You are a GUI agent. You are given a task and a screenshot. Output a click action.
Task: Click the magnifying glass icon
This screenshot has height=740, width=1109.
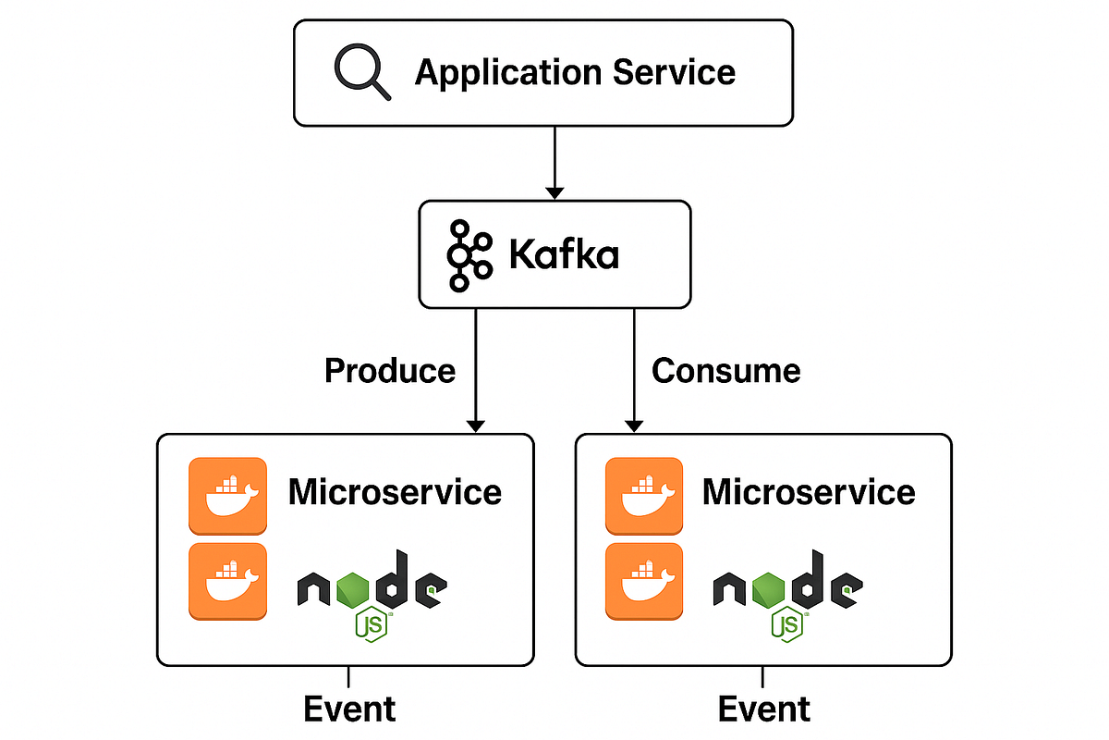click(x=361, y=71)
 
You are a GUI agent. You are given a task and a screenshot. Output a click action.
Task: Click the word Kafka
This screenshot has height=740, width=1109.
click(x=564, y=254)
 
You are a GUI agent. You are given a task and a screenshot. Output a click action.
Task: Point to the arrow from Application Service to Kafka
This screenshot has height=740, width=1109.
click(x=554, y=162)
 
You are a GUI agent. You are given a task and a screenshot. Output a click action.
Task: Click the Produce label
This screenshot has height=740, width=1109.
click(x=390, y=371)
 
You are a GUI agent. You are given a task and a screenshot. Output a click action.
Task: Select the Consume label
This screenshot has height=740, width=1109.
click(x=726, y=371)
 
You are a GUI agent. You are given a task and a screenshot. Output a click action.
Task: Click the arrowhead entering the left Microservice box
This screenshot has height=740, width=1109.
click(x=475, y=425)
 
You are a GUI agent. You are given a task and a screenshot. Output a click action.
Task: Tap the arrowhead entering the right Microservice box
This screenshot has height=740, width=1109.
click(x=633, y=425)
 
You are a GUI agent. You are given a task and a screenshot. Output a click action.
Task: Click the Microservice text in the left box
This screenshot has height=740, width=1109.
click(x=395, y=491)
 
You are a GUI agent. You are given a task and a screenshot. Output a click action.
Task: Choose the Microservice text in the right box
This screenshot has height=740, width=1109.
click(x=809, y=491)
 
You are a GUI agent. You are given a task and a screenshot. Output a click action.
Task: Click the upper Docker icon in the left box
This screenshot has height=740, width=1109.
click(x=227, y=496)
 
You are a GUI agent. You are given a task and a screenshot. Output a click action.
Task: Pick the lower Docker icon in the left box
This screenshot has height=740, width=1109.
click(x=227, y=581)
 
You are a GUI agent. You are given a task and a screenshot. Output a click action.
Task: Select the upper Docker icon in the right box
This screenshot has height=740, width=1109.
click(x=644, y=496)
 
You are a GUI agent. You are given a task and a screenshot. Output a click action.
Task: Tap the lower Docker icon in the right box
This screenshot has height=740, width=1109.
click(x=644, y=581)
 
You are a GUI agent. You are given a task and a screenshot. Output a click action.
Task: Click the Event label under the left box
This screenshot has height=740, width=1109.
click(x=349, y=709)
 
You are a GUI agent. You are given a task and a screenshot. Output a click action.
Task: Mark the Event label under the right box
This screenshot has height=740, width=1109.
click(x=764, y=709)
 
